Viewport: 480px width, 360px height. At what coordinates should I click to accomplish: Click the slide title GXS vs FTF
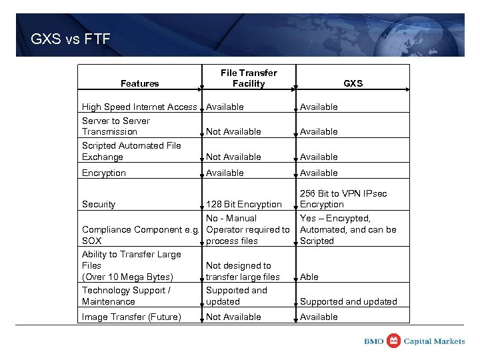point(71,39)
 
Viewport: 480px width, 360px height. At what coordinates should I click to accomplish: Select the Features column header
point(139,83)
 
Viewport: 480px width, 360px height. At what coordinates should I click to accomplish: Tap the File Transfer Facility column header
point(248,78)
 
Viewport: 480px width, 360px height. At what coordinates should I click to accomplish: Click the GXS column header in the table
point(353,83)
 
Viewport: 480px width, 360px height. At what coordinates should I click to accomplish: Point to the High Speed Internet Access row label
point(139,107)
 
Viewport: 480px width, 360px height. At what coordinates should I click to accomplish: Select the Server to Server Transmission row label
point(115,126)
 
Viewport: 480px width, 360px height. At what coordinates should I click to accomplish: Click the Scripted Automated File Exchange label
point(131,151)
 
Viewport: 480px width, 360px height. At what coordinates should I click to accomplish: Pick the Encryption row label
point(103,173)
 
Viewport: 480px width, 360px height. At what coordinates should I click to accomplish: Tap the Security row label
point(98,204)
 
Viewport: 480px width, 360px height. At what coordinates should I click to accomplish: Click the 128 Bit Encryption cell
point(243,204)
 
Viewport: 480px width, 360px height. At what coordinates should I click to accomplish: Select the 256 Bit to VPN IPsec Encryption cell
point(343,199)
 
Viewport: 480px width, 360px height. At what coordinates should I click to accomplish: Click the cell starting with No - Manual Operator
point(247,229)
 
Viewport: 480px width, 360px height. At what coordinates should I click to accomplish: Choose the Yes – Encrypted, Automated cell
point(347,229)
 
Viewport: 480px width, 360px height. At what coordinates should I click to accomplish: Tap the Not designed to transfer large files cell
point(243,271)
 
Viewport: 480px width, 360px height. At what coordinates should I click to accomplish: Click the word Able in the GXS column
point(309,277)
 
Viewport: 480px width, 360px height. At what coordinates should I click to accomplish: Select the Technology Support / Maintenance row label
point(126,295)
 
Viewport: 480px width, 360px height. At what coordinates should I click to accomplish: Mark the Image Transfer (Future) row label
point(131,317)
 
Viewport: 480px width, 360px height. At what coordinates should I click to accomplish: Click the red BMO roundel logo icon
point(394,341)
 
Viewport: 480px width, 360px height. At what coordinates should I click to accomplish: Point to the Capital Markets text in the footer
point(435,341)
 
